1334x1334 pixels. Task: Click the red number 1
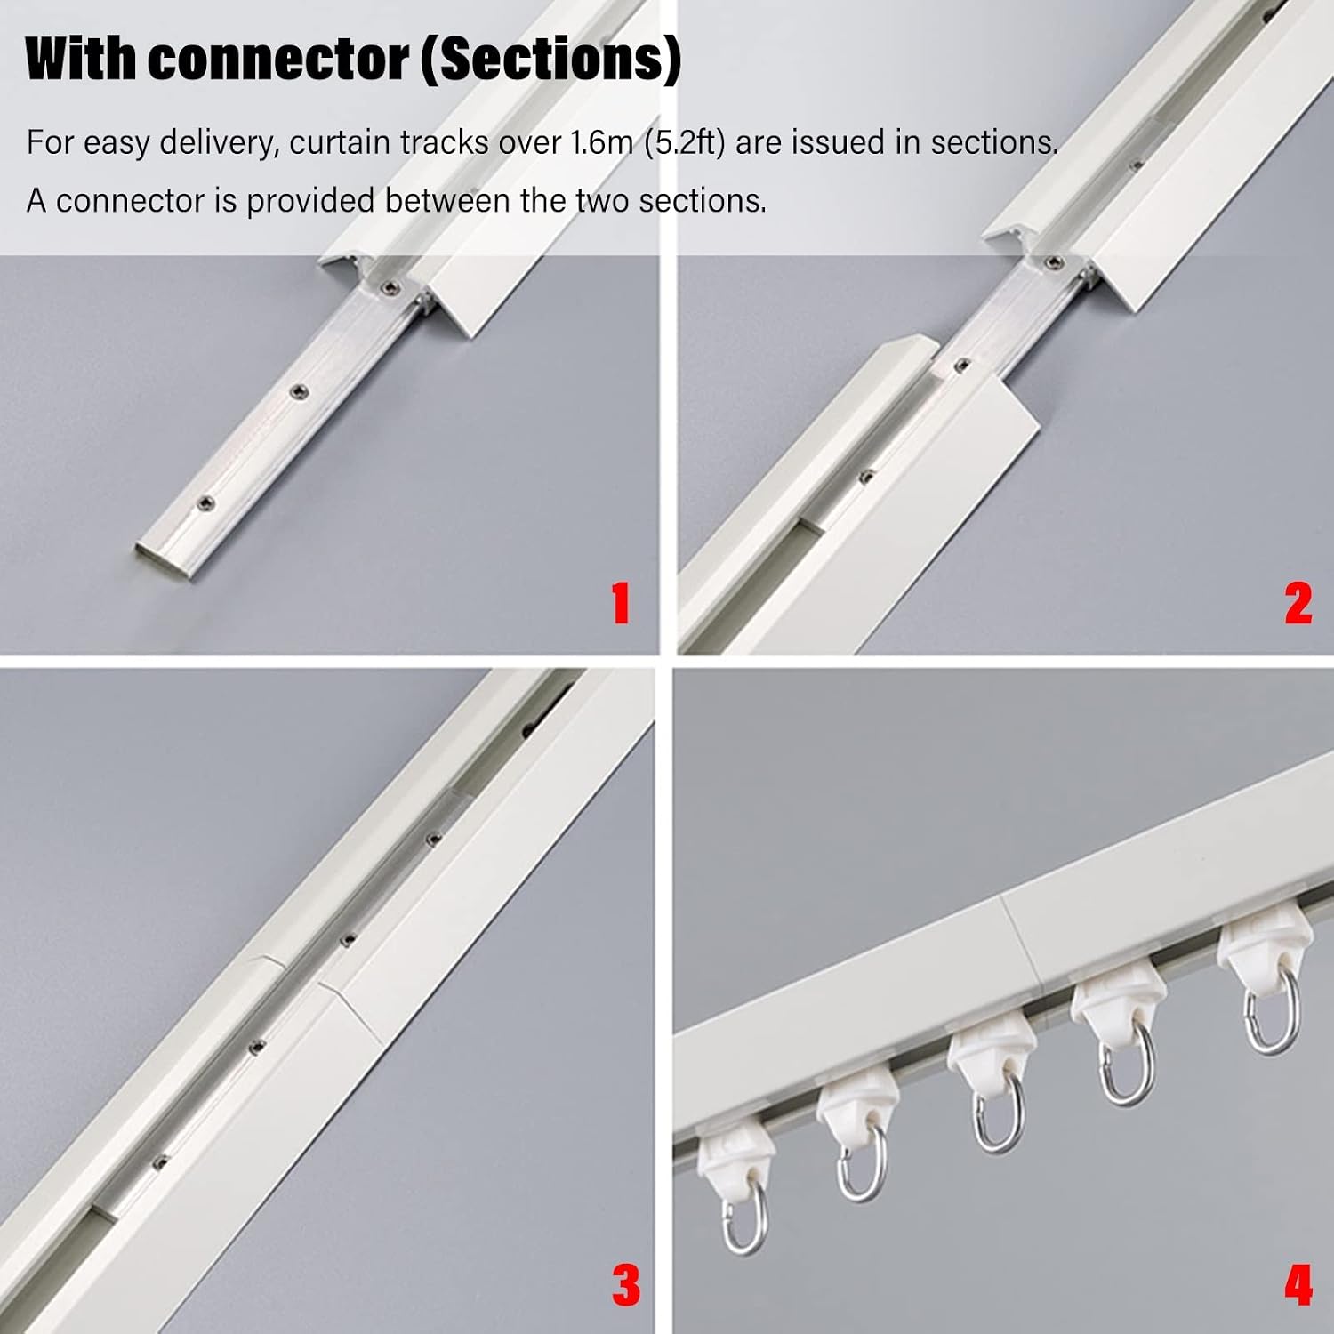point(621,603)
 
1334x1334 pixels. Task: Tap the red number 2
point(1298,603)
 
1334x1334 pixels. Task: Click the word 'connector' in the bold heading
point(278,60)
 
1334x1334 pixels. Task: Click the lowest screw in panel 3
point(161,1159)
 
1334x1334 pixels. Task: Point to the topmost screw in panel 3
point(433,836)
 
